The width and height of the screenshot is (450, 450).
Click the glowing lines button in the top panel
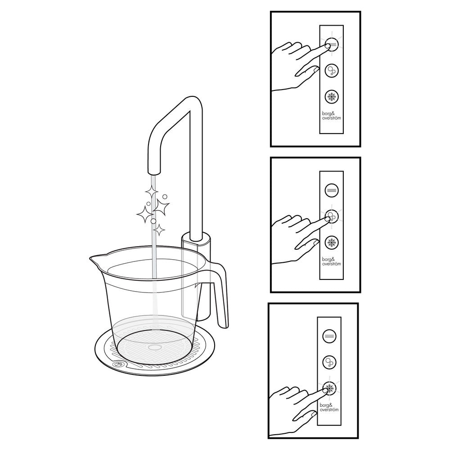[332, 44]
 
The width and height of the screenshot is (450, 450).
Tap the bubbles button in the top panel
[332, 70]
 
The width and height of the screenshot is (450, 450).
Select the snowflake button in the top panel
[332, 97]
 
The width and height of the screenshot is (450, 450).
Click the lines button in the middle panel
[332, 190]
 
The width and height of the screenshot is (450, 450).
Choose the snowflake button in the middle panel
[332, 243]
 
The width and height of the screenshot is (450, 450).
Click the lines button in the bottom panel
[329, 336]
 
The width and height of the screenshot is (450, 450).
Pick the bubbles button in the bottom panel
[329, 362]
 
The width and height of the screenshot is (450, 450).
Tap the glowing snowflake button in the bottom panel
[329, 389]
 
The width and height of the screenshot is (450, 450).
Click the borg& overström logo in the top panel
[332, 116]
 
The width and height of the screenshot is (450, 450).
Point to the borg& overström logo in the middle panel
[332, 261]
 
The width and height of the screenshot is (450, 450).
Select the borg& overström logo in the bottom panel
[329, 407]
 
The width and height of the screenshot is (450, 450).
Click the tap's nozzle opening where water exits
[153, 172]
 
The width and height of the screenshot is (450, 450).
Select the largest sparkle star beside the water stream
[161, 206]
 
